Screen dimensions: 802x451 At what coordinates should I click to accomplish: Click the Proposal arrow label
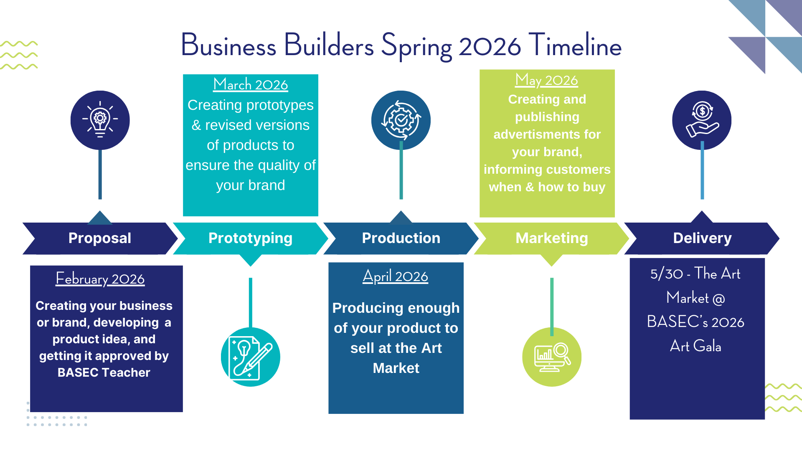coord(100,238)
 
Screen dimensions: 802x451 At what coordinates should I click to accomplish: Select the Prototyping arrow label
coord(250,238)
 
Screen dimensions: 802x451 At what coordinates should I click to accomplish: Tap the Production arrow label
coord(401,238)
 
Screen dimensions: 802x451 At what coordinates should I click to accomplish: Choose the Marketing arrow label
coord(552,238)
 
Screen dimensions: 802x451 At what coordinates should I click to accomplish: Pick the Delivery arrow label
coord(702,238)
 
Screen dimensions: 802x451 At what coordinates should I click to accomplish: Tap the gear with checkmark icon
coord(401,120)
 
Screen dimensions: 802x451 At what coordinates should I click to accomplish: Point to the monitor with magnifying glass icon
coord(552,357)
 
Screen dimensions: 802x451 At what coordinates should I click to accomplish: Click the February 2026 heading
coord(100,279)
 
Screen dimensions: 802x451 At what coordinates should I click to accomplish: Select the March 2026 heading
coord(251,84)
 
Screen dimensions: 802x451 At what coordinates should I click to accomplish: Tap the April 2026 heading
coord(396,276)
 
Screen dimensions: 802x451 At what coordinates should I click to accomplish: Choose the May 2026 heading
coord(547,80)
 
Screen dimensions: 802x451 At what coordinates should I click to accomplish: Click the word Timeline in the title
coord(575,45)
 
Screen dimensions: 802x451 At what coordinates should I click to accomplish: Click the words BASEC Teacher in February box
coord(104,372)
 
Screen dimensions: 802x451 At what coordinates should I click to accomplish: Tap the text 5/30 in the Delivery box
coord(667,274)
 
